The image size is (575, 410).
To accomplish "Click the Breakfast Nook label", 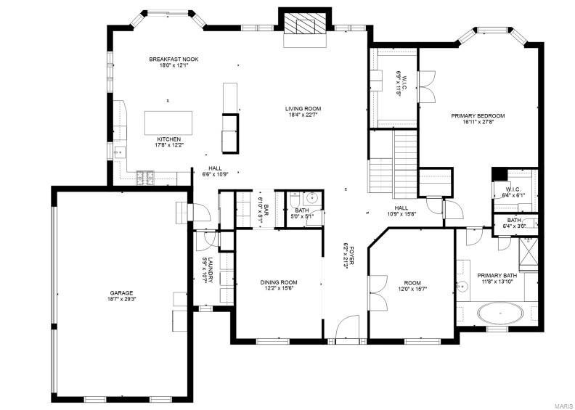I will tap(174, 62).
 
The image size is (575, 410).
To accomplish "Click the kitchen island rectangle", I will tap(168, 120).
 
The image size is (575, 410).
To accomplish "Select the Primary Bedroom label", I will tap(478, 119).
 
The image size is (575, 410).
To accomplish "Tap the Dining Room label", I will tap(279, 284).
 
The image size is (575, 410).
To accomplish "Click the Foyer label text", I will tap(347, 255).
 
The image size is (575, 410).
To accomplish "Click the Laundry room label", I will tap(207, 270).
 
